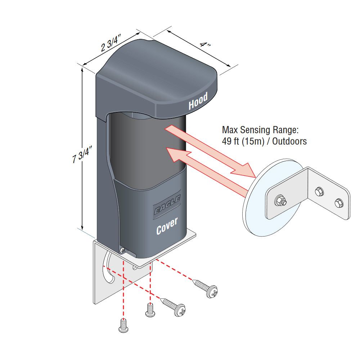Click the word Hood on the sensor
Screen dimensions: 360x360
pos(198,101)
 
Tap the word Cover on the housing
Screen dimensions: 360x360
pos(167,226)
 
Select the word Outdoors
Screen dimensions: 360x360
pos(289,141)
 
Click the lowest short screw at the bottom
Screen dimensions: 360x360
pos(123,326)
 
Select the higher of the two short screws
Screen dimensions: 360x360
pos(150,310)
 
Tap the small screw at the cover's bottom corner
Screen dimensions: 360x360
pos(122,249)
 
